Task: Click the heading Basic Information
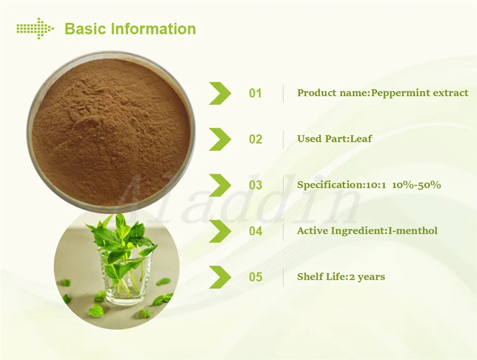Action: point(130,29)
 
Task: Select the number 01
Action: point(255,93)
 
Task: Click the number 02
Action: point(255,139)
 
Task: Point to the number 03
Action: point(255,185)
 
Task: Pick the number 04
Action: point(255,231)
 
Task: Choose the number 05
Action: point(255,277)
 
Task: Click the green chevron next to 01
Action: point(220,93)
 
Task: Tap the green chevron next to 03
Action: point(220,185)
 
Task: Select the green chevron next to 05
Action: point(220,277)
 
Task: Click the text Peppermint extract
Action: point(420,93)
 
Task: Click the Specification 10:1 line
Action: point(369,184)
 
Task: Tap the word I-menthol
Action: point(413,230)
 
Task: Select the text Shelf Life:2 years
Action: point(341,276)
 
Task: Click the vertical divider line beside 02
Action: point(284,139)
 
